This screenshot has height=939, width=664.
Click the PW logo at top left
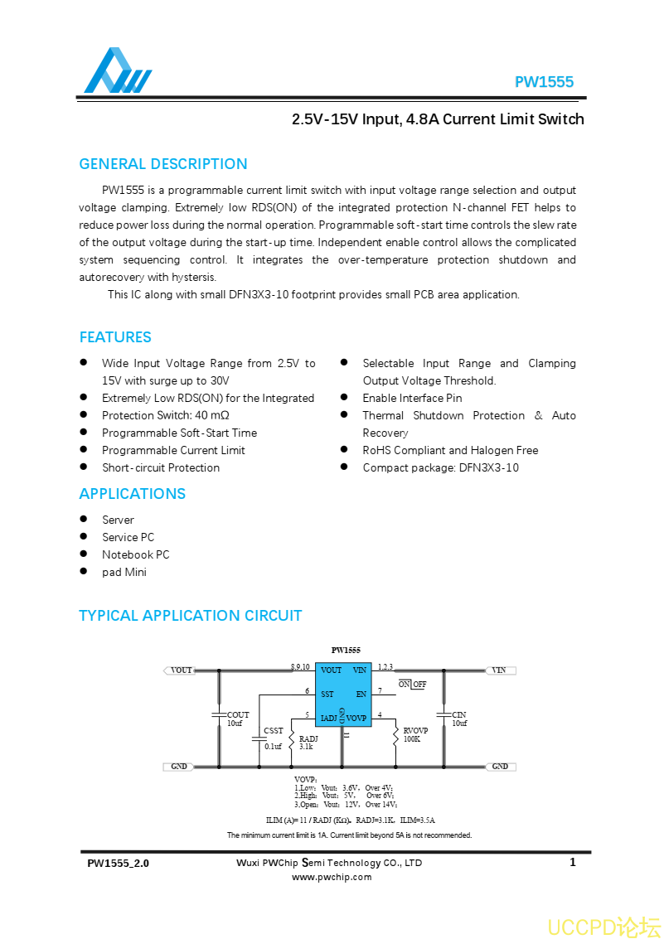(x=117, y=72)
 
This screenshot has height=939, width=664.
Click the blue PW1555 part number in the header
(x=544, y=82)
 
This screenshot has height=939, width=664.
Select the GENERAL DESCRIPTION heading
(x=163, y=164)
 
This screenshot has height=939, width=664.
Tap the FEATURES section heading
(x=115, y=337)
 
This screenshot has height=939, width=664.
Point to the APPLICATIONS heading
(x=133, y=494)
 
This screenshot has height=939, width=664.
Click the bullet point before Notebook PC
(x=84, y=554)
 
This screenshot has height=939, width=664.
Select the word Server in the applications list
(x=118, y=520)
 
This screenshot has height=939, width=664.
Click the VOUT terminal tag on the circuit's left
(x=180, y=670)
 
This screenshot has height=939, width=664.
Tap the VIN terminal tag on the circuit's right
(x=499, y=670)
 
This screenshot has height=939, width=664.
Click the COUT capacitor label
(x=238, y=714)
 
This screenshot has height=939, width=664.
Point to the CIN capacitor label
(x=458, y=714)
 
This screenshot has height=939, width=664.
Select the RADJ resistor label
(x=308, y=738)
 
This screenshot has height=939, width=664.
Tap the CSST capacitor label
(x=274, y=731)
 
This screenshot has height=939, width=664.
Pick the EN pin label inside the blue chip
(x=361, y=694)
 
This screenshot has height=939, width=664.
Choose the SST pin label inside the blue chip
(x=327, y=694)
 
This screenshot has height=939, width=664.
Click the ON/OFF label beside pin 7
(x=412, y=685)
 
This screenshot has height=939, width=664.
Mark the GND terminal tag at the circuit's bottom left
(x=178, y=767)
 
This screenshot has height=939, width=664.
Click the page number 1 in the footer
(x=573, y=863)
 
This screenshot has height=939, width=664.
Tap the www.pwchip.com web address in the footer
(x=332, y=877)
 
